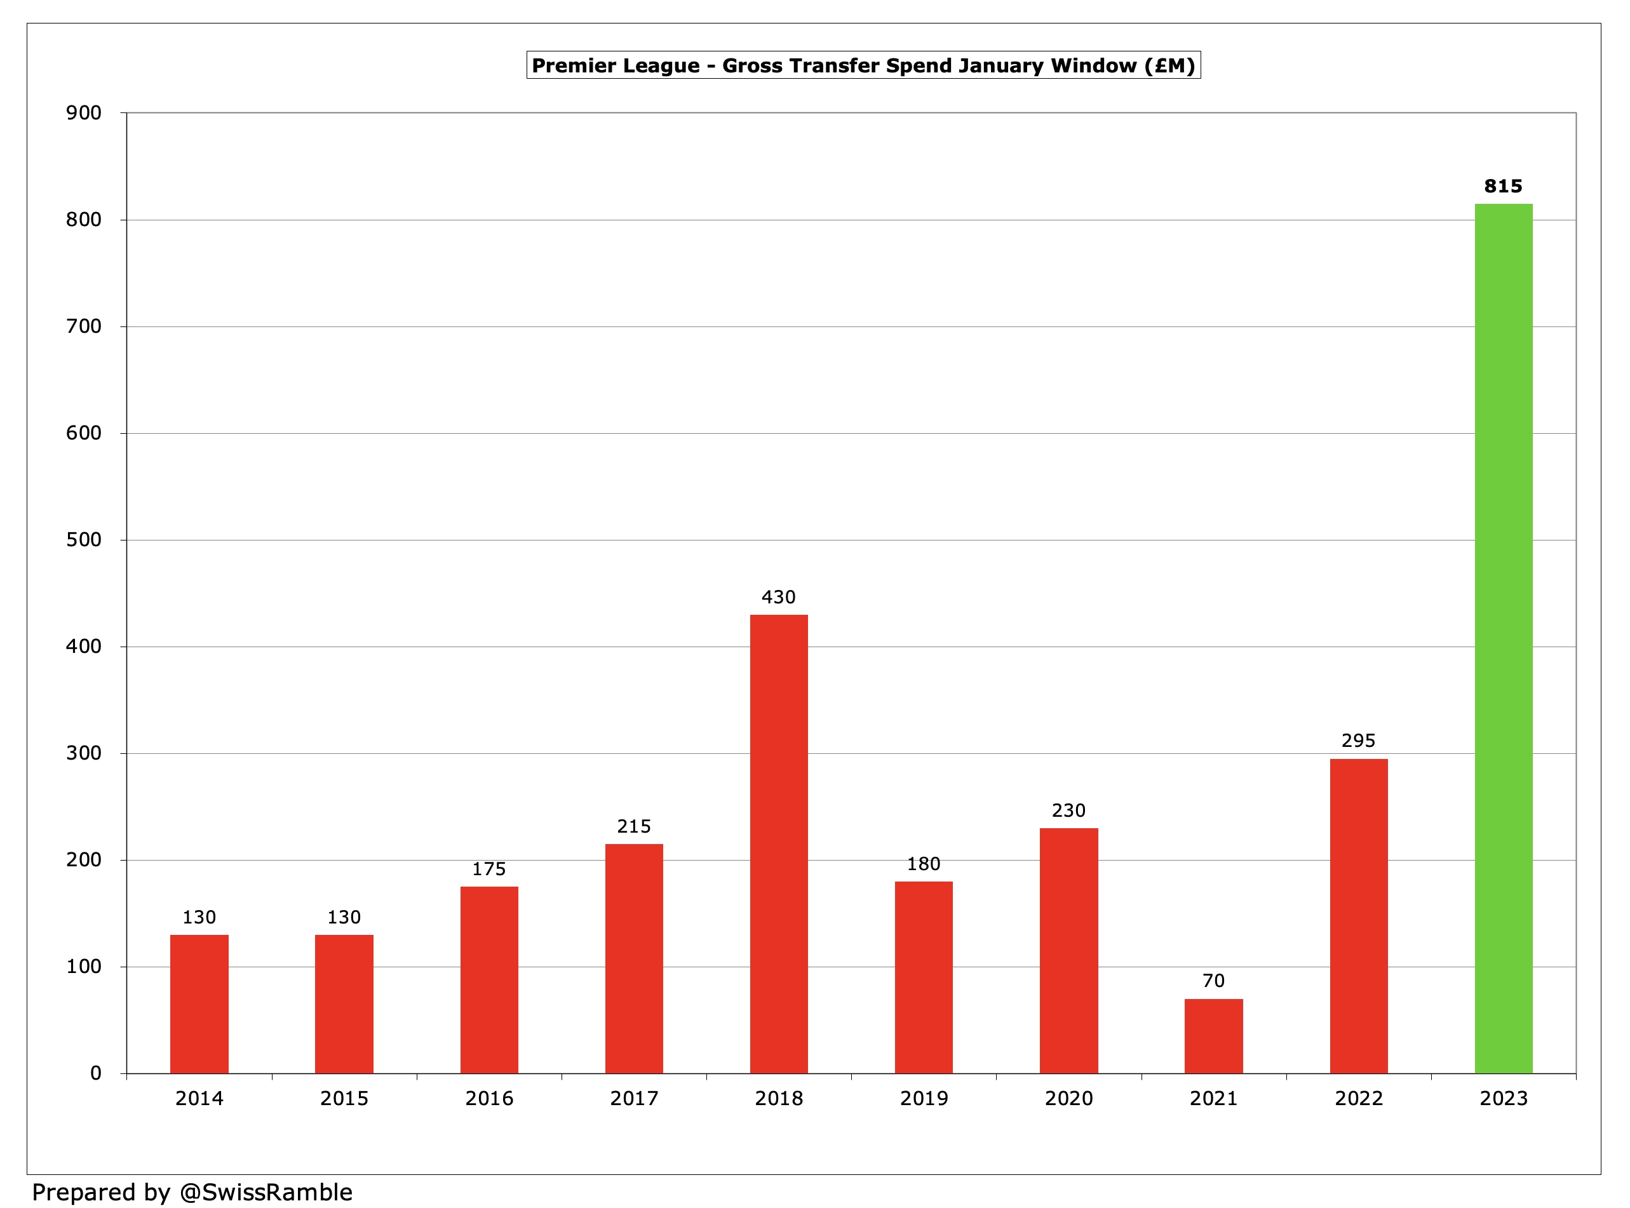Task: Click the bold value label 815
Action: (x=1503, y=187)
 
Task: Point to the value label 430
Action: (x=778, y=598)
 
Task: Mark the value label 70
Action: (x=1213, y=981)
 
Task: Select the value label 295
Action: (x=1358, y=741)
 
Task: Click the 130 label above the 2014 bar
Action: (x=199, y=917)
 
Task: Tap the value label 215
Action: (x=633, y=826)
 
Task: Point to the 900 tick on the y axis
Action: (x=83, y=112)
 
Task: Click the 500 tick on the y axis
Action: (x=83, y=540)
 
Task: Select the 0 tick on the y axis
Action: (x=95, y=1073)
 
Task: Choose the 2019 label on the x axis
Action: (x=923, y=1098)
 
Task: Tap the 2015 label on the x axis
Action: (x=344, y=1098)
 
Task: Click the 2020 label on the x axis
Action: (x=1068, y=1098)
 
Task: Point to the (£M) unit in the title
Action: (x=1169, y=66)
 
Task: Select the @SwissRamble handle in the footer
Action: (x=266, y=1192)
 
